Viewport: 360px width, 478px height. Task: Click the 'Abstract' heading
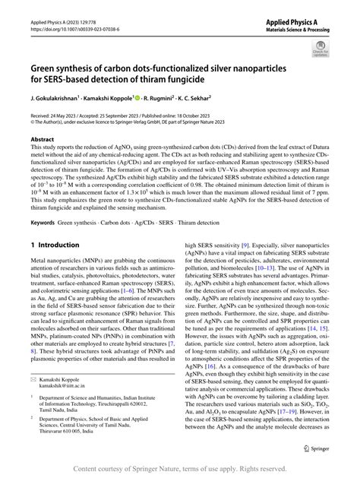tap(43, 140)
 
